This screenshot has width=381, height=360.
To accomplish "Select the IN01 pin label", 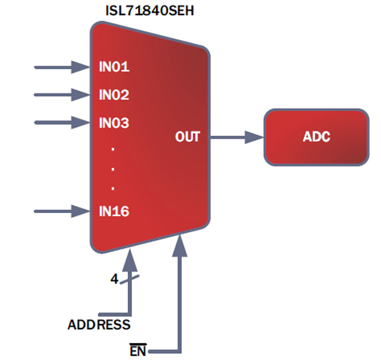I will point(114,67).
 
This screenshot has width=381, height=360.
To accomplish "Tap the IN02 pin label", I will point(114,95).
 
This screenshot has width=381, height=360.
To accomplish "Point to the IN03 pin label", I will point(114,123).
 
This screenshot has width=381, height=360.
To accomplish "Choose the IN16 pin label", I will point(114,211).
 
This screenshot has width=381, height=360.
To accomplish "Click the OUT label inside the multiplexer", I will point(187,138).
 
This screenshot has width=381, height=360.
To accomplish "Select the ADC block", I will point(316,138).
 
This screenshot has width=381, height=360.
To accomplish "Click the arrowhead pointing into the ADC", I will point(255,138).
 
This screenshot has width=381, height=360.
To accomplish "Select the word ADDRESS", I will point(99,325).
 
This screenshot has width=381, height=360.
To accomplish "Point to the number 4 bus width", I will point(114,280).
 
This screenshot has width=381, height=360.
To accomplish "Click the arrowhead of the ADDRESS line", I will point(129,260).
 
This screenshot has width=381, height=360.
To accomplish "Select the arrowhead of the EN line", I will point(180,244).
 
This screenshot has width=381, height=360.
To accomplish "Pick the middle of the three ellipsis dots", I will point(113,169).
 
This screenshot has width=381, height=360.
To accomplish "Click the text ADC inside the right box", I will point(316,138).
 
